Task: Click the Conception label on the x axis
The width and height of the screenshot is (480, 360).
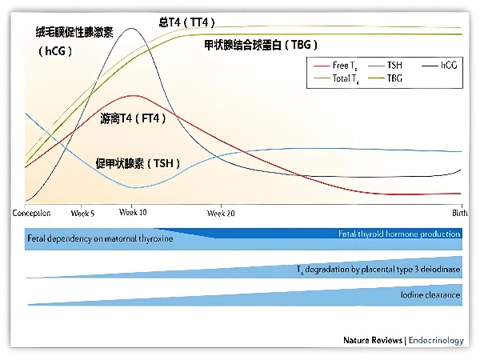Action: [32, 214]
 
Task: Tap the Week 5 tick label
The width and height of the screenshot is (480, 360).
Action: [83, 214]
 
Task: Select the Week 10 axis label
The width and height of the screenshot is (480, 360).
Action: [133, 212]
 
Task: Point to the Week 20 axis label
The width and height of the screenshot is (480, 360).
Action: [221, 214]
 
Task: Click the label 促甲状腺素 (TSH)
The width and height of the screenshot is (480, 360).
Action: [138, 163]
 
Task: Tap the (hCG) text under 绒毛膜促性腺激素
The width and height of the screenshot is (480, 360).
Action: [54, 51]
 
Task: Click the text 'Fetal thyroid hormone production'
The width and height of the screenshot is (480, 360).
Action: [399, 234]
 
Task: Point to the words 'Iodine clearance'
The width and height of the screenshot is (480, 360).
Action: [430, 295]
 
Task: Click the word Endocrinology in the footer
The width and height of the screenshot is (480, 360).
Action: [436, 340]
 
